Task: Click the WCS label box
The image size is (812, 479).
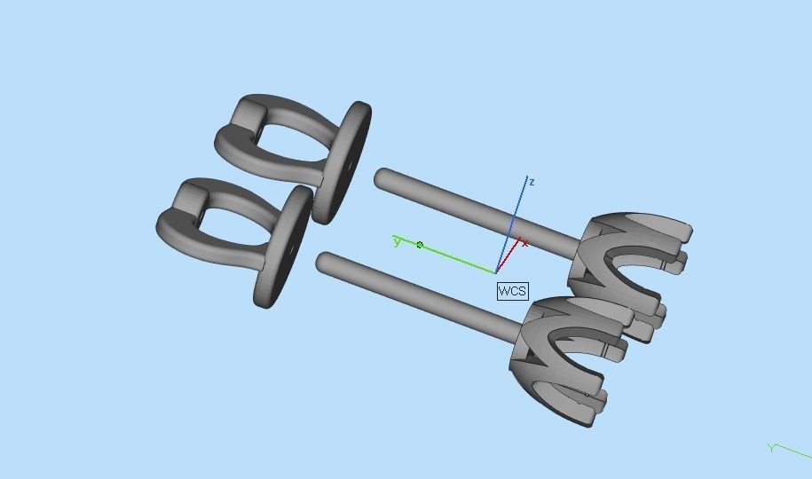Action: [x=512, y=291]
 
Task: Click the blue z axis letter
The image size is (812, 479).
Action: [x=532, y=182]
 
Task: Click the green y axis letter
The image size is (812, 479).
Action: [x=397, y=240]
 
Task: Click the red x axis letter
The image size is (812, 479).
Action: [x=525, y=243]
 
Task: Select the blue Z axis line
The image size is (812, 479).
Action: [x=517, y=213]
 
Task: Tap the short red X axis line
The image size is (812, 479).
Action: [x=508, y=258]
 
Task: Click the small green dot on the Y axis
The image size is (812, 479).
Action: [x=420, y=245]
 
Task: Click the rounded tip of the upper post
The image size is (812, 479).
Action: [x=382, y=178]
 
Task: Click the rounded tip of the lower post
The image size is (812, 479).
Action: [x=326, y=262]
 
